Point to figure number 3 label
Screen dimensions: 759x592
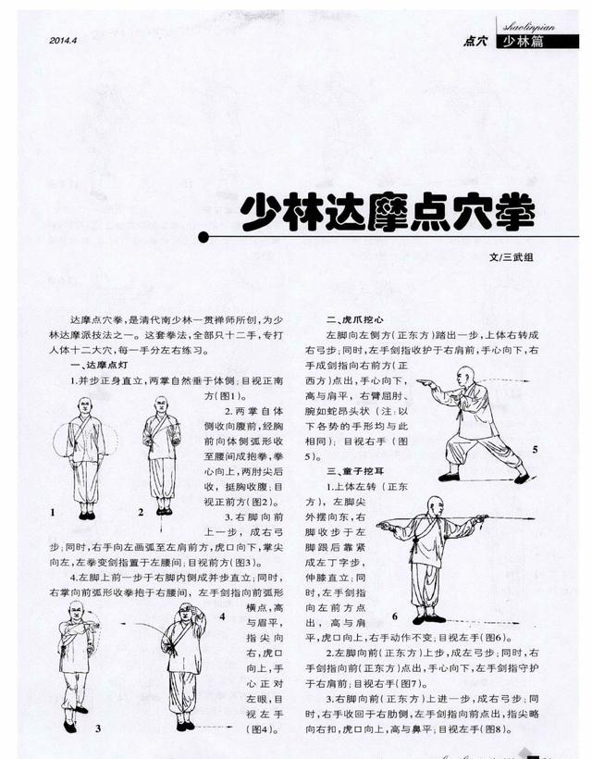[97, 728]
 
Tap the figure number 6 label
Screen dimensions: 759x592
[394, 616]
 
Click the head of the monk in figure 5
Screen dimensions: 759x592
[467, 375]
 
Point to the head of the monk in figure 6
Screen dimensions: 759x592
[434, 505]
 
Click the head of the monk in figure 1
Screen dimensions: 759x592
[85, 405]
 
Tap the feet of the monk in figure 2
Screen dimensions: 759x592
[164, 510]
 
